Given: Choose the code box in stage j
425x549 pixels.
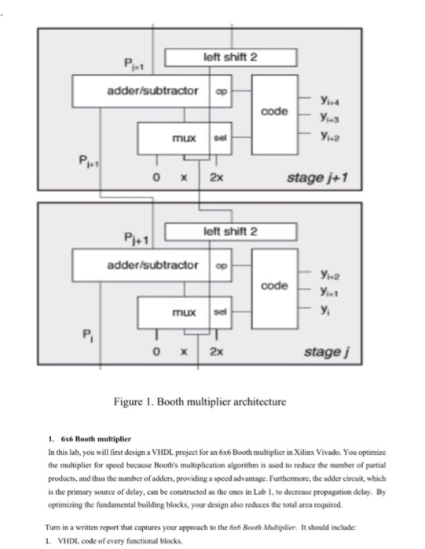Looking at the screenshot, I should click(x=274, y=285).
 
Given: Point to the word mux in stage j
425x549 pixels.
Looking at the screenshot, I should click(x=184, y=312).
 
